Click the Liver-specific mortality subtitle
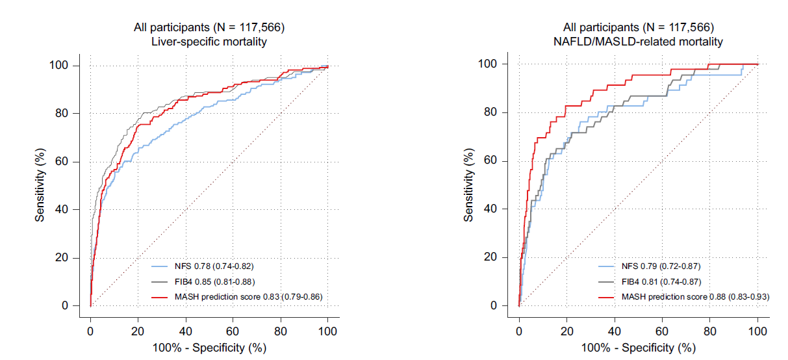pos(209,42)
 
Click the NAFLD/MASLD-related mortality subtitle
pos(639,42)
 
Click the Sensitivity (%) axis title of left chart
pos(41,185)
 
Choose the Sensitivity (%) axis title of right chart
pos(469,185)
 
